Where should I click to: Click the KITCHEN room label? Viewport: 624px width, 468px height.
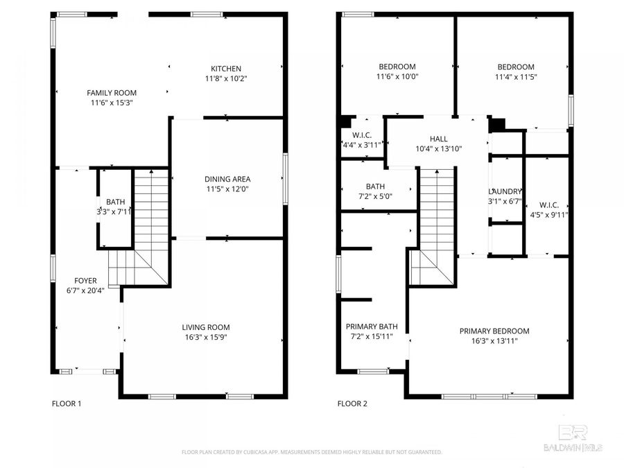point(226,69)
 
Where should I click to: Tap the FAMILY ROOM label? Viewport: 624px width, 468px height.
point(111,93)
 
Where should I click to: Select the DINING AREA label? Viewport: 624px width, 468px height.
point(227,179)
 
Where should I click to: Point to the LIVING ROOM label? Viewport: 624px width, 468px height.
point(205,327)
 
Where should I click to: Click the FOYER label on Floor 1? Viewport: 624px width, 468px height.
point(85,281)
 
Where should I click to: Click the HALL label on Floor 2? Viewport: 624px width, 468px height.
point(438,139)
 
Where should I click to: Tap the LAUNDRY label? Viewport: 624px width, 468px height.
point(505,192)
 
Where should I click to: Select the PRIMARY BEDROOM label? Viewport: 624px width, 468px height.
point(494,331)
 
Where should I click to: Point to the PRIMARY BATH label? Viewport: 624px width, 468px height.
point(372,327)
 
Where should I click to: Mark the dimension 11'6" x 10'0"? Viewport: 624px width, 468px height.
point(397,77)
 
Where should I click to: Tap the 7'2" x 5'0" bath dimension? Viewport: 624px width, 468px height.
point(375,196)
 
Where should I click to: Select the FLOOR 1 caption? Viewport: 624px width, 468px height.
point(67,404)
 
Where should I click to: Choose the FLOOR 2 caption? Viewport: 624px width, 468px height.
point(352,404)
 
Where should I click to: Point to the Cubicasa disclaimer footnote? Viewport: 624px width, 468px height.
point(311,452)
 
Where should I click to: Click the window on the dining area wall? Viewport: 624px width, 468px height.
point(285,179)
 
